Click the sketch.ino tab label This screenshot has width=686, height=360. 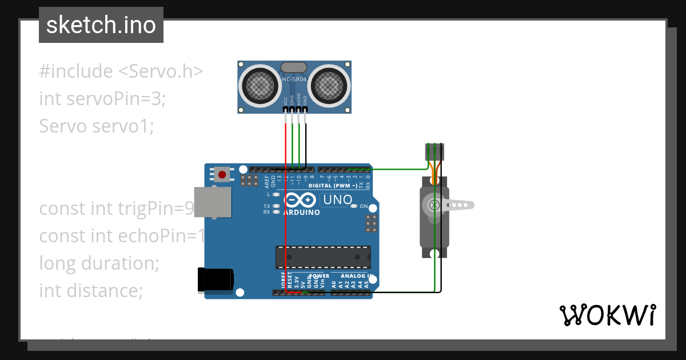point(101,25)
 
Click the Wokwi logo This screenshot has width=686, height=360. point(607,315)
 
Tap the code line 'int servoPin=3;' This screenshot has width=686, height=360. point(102,98)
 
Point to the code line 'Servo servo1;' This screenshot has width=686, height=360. point(97,126)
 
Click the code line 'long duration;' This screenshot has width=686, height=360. point(99,263)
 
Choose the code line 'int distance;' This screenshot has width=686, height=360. point(90,291)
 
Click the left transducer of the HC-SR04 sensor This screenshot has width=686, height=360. point(260,86)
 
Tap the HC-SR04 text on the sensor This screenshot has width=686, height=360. point(294,79)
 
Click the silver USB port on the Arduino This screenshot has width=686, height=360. point(213,202)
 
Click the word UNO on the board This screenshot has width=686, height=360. point(338,200)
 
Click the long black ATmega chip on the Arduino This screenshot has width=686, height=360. point(323,257)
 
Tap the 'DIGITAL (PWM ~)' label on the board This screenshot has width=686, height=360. point(333,186)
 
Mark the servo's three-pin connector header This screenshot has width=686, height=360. point(434,151)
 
